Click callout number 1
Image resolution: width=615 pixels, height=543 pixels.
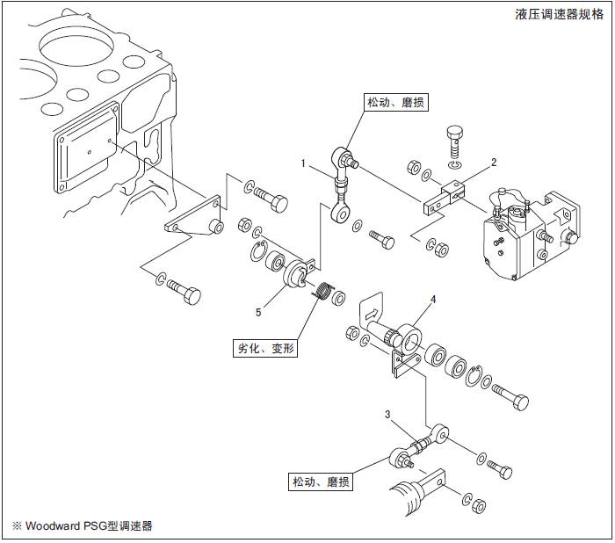pos(303,163)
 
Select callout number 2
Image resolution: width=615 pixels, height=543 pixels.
pos(494,162)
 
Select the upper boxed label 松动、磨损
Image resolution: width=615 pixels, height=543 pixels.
pos(395,103)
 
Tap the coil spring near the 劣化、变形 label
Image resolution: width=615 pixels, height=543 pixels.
pos(324,291)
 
